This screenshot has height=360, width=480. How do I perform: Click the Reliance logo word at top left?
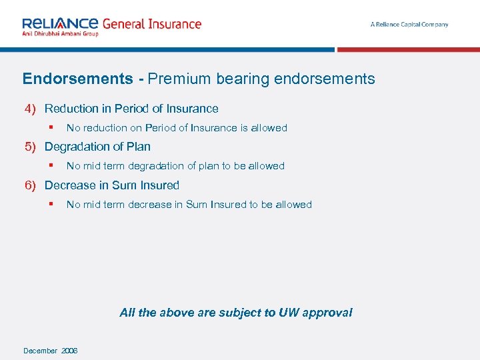click(60, 23)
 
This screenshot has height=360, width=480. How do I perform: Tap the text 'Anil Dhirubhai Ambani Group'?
click(60, 33)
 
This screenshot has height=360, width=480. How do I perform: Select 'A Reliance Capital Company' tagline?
click(409, 25)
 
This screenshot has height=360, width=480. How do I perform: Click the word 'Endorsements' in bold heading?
click(78, 79)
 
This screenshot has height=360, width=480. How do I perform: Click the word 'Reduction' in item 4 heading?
click(72, 109)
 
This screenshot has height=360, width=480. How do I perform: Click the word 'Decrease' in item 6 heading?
click(71, 185)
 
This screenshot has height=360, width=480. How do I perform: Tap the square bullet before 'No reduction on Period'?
click(50, 127)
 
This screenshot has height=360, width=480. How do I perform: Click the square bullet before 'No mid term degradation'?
click(50, 165)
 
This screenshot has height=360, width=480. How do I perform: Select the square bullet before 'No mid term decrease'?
click(50, 203)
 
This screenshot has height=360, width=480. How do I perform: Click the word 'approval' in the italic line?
click(327, 313)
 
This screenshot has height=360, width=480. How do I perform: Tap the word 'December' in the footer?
click(40, 351)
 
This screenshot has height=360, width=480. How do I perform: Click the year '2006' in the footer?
click(69, 351)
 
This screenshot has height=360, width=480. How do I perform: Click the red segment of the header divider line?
click(408, 49)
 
